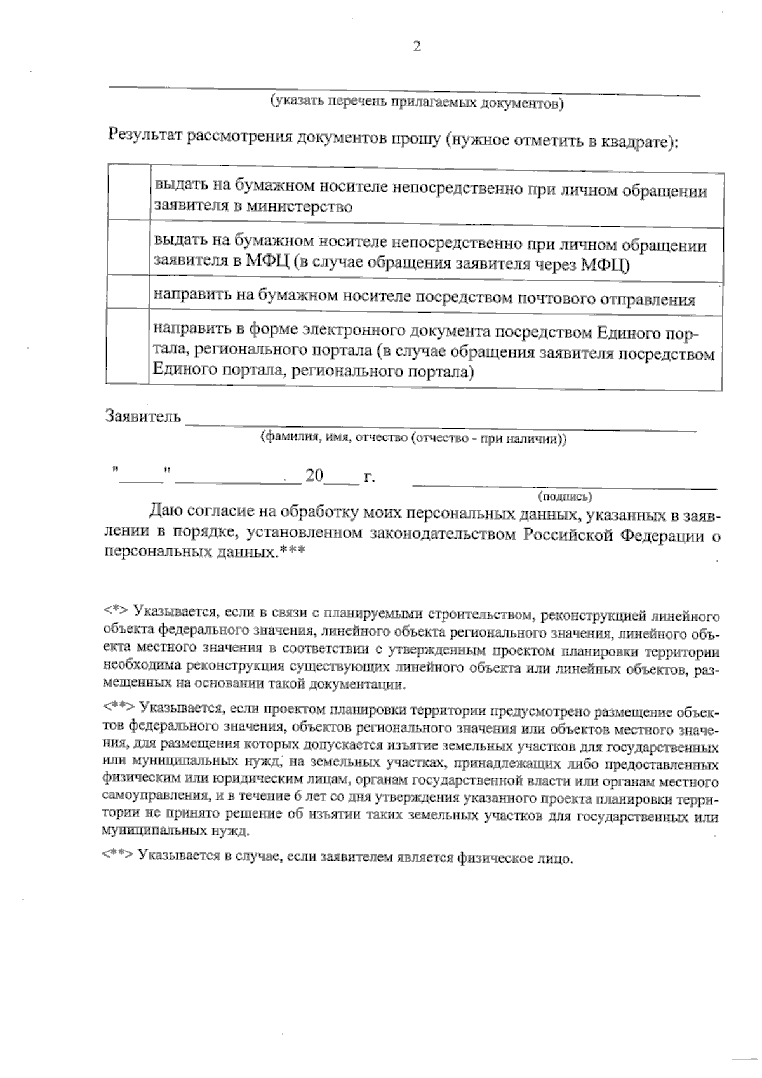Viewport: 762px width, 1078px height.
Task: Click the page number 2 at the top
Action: pos(417,46)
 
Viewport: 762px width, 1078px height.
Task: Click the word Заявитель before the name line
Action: pos(143,417)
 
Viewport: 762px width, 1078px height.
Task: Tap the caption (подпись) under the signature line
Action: pos(565,495)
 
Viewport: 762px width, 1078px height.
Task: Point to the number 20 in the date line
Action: pos(314,475)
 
